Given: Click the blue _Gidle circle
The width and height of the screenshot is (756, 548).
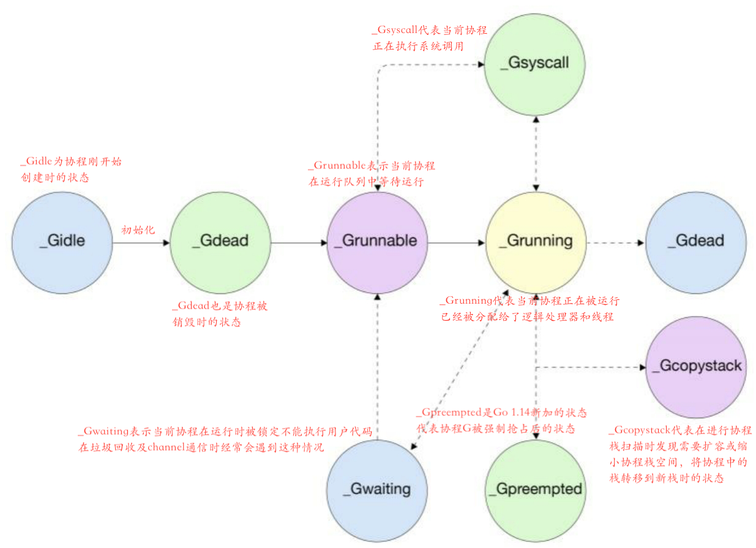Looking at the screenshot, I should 62,241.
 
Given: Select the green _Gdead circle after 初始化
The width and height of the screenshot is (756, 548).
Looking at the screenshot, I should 220,241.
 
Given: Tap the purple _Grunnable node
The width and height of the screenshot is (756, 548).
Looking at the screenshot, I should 376,241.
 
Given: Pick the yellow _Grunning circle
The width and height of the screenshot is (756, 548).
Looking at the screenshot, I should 536,241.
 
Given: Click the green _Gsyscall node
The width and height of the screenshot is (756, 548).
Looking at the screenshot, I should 534,64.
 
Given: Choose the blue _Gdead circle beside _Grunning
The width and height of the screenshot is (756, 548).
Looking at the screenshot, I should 696,241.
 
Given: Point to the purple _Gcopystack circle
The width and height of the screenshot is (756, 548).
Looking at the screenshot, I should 696,366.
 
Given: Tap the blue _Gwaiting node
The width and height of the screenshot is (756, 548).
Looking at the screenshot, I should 376,489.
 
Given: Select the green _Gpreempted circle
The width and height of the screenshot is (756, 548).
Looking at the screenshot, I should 534,489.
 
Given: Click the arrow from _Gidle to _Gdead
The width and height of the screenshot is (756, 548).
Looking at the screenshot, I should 140,243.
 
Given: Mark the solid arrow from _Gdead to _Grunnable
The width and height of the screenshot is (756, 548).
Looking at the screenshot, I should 299,243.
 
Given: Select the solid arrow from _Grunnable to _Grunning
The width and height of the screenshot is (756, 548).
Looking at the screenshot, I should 456,243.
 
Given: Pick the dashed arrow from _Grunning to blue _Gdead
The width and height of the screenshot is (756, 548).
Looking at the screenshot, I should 615,243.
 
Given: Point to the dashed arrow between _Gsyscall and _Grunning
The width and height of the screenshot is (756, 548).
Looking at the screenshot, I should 536,152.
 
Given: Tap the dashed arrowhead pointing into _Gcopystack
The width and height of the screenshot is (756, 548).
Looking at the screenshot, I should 642,368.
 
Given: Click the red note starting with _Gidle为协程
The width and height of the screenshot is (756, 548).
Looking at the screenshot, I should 71,170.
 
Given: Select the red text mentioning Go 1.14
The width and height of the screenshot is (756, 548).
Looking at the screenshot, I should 501,420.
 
